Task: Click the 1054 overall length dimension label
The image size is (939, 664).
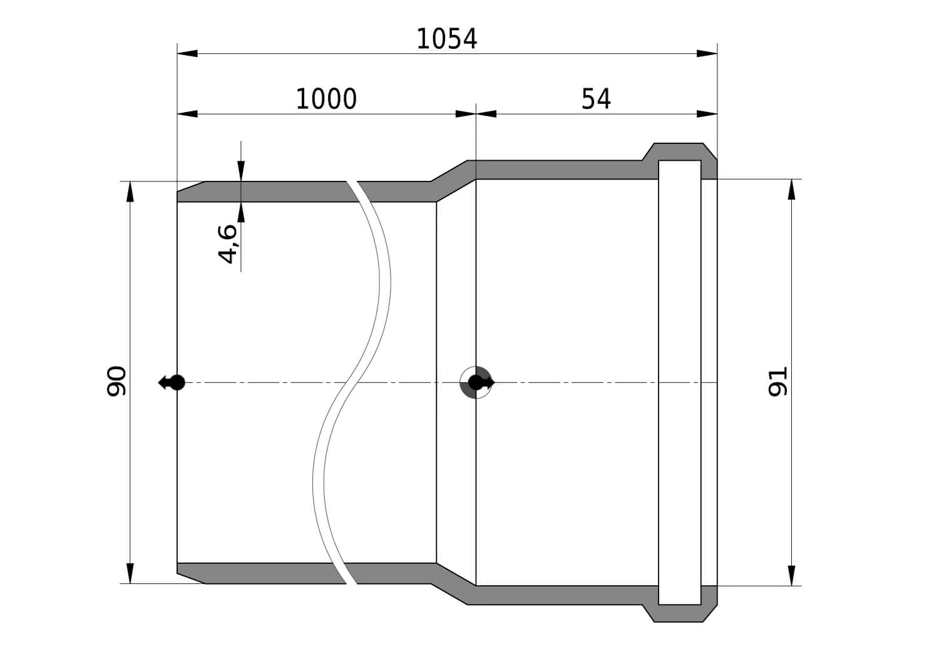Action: coord(446,39)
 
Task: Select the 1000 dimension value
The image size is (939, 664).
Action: coord(326,100)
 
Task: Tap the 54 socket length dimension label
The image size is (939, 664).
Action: coord(596,100)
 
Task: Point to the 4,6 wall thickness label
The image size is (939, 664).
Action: coord(228,244)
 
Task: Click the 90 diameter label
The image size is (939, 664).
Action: coord(116,381)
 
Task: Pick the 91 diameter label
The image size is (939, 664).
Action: coord(777,382)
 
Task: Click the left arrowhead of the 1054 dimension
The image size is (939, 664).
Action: coord(187,53)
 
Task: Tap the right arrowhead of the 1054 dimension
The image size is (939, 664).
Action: coord(707,53)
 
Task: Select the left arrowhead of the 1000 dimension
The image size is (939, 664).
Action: coord(187,114)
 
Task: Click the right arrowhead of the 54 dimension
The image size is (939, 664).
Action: coord(707,114)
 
